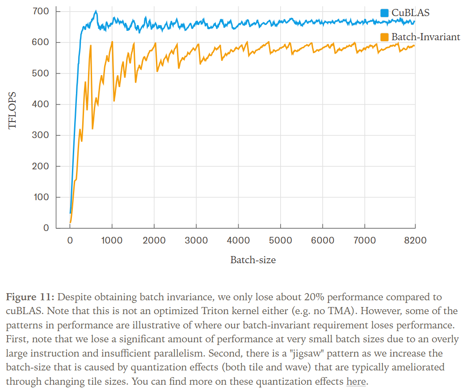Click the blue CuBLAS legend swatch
(x=384, y=13)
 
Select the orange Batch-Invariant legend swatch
(x=384, y=37)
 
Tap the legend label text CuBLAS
(x=410, y=13)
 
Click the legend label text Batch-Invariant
(x=425, y=37)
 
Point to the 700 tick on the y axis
(x=42, y=11)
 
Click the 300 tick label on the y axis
(x=42, y=135)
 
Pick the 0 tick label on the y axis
(x=46, y=228)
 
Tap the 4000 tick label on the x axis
(x=238, y=240)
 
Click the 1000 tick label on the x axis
(x=112, y=240)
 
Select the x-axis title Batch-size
(x=253, y=260)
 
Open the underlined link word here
(x=356, y=382)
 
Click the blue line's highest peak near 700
(x=96, y=11)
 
